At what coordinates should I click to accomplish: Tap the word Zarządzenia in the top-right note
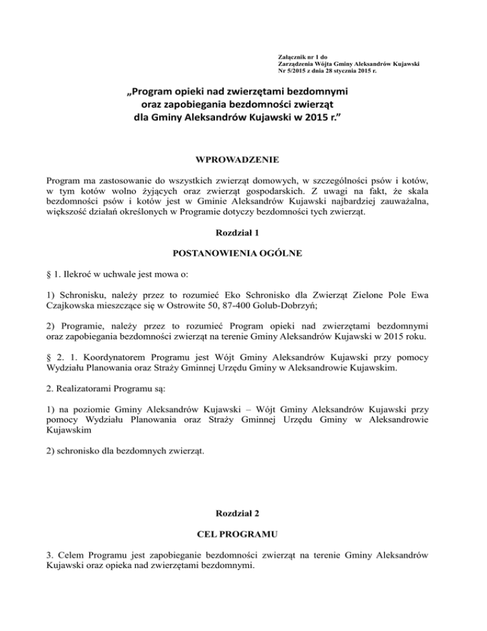click(295, 63)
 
